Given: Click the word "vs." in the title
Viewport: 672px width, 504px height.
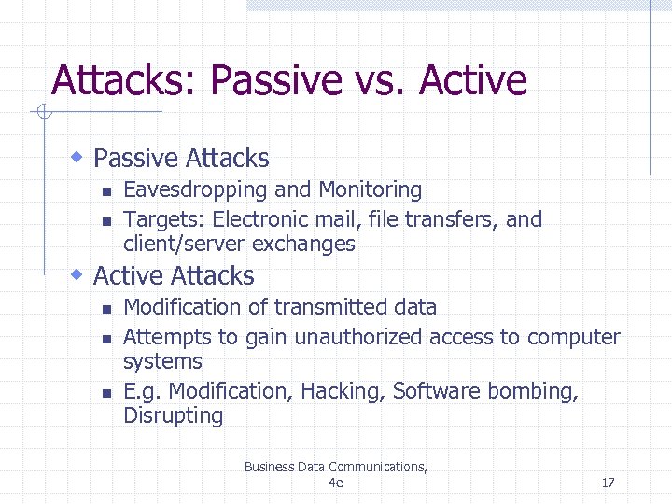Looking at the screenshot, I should tap(382, 81).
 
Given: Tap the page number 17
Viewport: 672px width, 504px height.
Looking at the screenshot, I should tap(608, 483).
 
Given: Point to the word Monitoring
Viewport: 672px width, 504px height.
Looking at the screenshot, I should tap(371, 190).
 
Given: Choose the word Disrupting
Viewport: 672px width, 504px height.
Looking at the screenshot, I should tap(173, 416).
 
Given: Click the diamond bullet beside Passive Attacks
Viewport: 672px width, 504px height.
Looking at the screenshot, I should tap(79, 156).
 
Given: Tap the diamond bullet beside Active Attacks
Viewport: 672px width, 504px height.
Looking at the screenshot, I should tap(79, 273).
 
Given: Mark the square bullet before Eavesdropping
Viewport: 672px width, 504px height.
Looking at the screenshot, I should tap(106, 191).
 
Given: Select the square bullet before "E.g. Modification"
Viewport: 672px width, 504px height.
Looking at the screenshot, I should tap(106, 393).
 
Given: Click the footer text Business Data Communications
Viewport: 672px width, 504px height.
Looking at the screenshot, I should tap(335, 467).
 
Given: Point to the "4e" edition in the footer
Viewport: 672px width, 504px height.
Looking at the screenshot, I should tap(336, 483).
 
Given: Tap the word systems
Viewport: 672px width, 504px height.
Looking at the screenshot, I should tap(162, 362).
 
